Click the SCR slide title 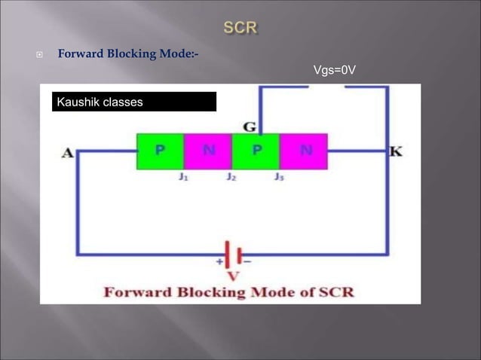click(x=240, y=28)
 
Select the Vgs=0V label click(x=333, y=71)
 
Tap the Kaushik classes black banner click(x=134, y=102)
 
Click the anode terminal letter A click(x=67, y=153)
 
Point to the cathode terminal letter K click(x=396, y=151)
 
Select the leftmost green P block click(x=160, y=151)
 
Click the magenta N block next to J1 click(x=207, y=151)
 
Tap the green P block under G click(x=256, y=151)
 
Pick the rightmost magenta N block click(x=304, y=151)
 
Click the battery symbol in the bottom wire click(x=232, y=252)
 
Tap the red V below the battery click(x=234, y=275)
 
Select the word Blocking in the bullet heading click(x=132, y=54)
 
